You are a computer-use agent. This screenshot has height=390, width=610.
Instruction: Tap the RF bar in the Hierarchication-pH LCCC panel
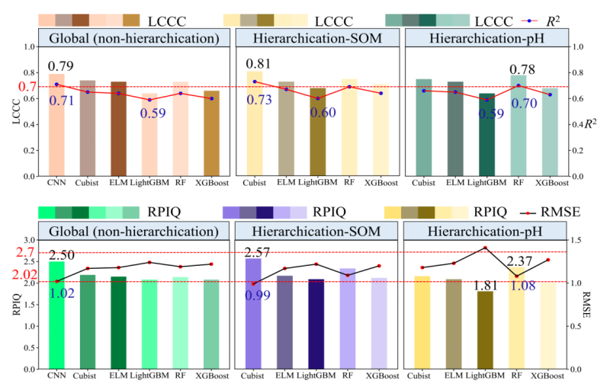(518, 126)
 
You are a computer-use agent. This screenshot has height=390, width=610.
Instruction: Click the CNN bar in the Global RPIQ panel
(56, 315)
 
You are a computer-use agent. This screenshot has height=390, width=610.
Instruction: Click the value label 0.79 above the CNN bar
(61, 68)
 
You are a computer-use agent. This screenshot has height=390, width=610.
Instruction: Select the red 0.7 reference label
(26, 87)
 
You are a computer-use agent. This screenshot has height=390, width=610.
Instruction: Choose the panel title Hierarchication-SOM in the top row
(316, 37)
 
